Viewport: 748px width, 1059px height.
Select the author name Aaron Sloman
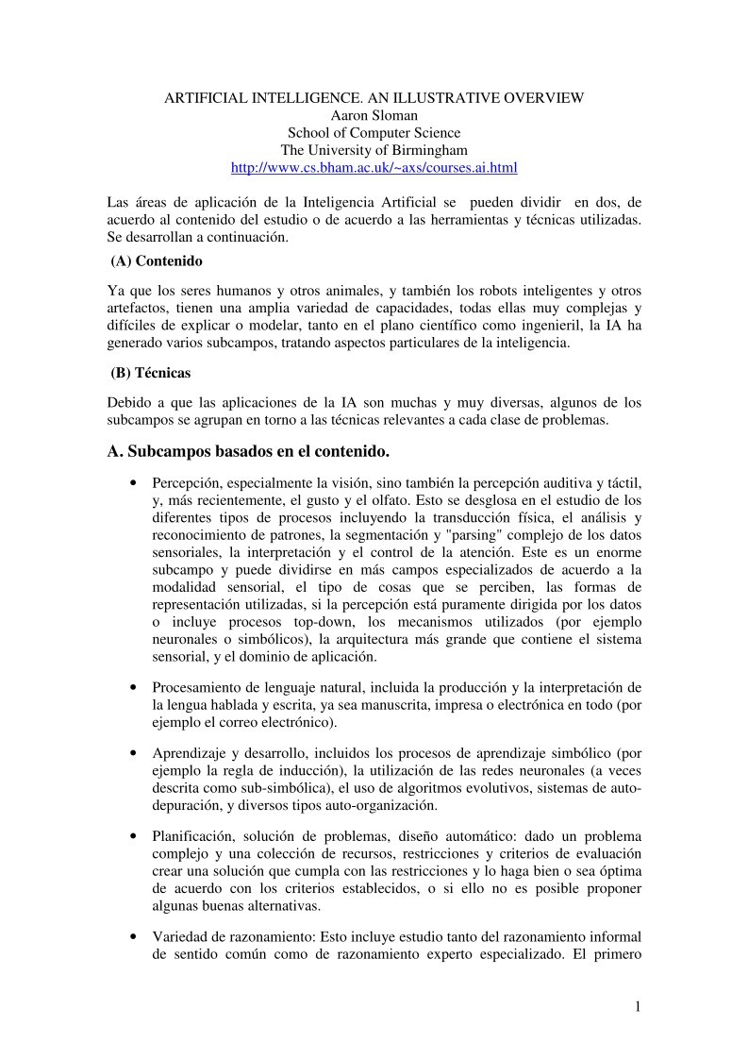tap(374, 115)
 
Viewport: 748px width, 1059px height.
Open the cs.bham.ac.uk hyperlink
tap(374, 167)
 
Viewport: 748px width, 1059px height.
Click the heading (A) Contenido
tap(157, 260)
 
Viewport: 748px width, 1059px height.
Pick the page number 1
tap(637, 1006)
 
